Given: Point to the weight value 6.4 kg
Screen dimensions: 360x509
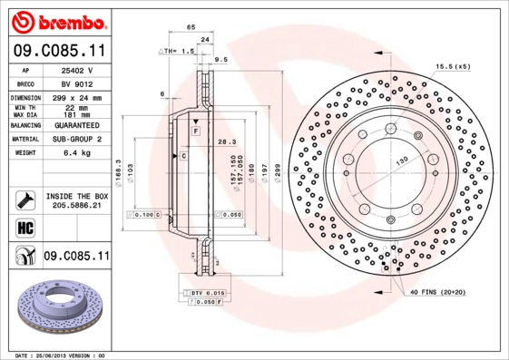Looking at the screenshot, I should tap(73, 153).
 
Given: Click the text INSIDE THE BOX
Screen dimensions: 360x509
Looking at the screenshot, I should tap(77, 196).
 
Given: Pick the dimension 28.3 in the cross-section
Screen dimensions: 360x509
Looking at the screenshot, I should tap(226, 141).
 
